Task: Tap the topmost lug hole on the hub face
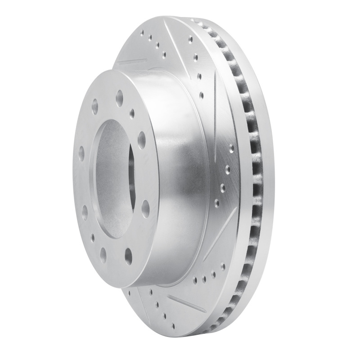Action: tap(120, 98)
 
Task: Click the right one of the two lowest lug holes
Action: tap(129, 256)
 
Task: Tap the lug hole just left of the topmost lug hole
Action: tap(95, 107)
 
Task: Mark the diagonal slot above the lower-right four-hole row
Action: tap(220, 234)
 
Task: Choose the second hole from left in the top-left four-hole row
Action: tap(150, 39)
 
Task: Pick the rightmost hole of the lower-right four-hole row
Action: tap(222, 266)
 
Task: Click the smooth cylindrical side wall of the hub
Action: tap(180, 180)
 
